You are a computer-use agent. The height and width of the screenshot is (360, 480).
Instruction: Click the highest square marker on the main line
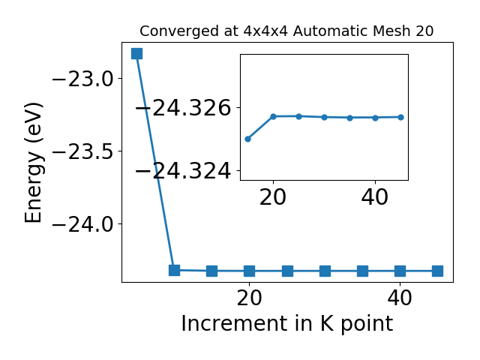click(x=136, y=53)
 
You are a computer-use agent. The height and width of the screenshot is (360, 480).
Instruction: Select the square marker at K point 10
click(x=175, y=270)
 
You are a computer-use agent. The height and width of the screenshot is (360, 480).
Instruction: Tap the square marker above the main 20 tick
click(x=250, y=271)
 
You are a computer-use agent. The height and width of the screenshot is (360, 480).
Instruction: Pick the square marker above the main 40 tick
click(x=400, y=271)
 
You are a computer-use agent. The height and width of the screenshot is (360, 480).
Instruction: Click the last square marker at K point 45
click(x=437, y=271)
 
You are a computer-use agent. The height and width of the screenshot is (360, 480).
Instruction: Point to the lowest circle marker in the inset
click(x=248, y=139)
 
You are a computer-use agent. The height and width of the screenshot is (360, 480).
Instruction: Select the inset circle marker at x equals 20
click(x=273, y=116)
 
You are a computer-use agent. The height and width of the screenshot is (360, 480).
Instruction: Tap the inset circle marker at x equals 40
click(x=375, y=118)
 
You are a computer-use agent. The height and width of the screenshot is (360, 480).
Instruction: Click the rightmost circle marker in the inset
click(x=400, y=117)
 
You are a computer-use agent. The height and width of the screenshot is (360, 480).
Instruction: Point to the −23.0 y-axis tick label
click(x=83, y=79)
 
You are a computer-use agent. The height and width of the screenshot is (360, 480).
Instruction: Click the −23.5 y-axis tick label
click(x=83, y=151)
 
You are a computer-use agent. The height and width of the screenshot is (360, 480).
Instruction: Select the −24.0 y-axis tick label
click(x=83, y=225)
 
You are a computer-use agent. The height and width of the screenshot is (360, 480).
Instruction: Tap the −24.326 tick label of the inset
click(x=183, y=108)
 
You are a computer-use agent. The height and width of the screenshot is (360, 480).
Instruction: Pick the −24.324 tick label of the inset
click(x=183, y=171)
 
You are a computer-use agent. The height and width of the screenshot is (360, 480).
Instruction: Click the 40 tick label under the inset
click(x=375, y=197)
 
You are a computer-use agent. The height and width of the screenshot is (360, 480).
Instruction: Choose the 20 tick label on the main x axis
click(x=250, y=298)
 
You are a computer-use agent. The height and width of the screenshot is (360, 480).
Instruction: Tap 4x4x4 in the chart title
click(x=265, y=31)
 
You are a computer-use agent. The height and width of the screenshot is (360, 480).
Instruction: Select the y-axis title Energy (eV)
click(x=33, y=163)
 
